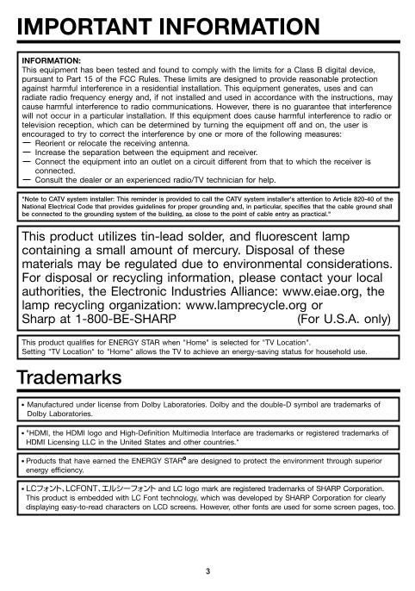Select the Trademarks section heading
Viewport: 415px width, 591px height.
pos(70,377)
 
